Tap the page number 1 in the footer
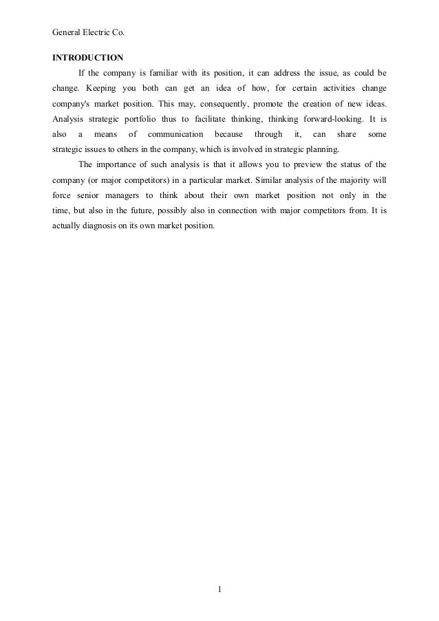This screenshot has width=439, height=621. [219, 589]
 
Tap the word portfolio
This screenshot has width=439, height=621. [146, 119]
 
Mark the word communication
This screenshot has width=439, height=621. [175, 134]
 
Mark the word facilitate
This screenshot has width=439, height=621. [213, 119]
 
